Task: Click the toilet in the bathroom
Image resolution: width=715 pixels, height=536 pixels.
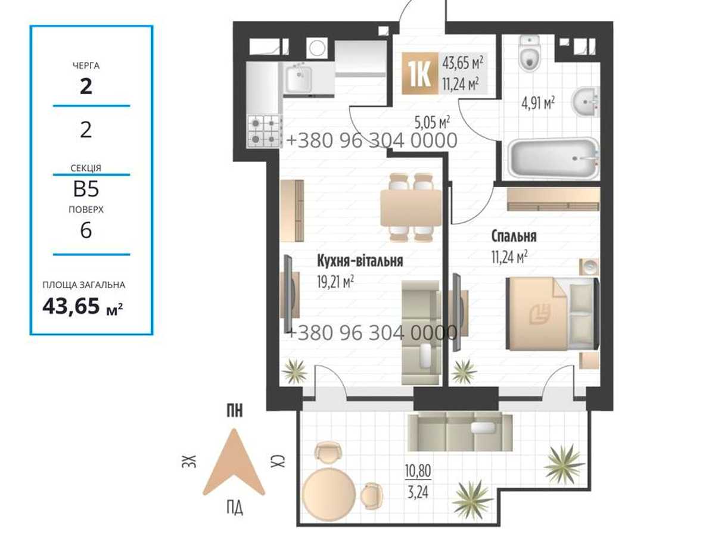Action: tap(529, 53)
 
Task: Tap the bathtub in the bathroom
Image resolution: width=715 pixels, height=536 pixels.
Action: tap(554, 158)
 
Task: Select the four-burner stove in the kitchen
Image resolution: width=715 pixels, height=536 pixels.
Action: tap(263, 132)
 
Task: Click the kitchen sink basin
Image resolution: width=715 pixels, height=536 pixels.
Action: tap(299, 77)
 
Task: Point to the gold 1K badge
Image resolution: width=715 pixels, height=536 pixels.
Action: tap(419, 73)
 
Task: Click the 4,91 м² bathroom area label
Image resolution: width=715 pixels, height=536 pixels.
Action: tap(538, 104)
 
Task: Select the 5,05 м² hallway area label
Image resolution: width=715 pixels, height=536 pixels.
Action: tap(432, 123)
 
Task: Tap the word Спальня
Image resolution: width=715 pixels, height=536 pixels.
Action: tap(514, 236)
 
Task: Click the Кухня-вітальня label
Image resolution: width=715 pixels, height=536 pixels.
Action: tap(360, 261)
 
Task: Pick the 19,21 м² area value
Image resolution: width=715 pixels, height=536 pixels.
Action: tap(335, 282)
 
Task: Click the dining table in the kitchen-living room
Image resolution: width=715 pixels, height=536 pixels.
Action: tap(411, 208)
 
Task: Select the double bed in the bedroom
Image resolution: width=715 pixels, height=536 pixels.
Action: tap(553, 314)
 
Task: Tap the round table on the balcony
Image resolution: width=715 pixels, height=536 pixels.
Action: tap(329, 493)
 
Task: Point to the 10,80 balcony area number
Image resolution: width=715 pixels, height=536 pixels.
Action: tap(418, 471)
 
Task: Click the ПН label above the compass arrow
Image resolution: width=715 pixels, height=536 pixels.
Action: tap(235, 411)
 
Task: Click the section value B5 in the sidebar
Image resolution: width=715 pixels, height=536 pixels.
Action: tap(86, 189)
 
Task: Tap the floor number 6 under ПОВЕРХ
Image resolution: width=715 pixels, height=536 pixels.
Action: tap(86, 230)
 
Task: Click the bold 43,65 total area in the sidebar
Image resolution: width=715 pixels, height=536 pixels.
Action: tap(71, 306)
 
